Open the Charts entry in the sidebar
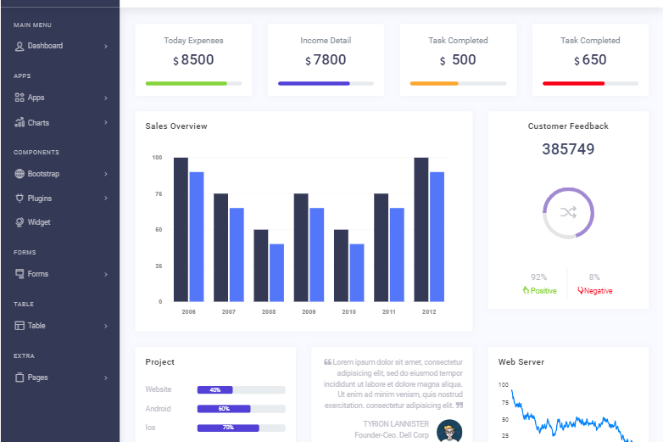38,123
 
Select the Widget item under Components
39,222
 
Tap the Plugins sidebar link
39,199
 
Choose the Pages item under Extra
37,378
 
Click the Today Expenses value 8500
198,60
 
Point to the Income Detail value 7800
330,60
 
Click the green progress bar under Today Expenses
187,83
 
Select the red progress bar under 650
574,83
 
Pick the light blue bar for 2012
437,237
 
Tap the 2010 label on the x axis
348,312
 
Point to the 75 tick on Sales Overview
157,194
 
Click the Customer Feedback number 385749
568,149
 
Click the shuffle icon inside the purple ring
568,212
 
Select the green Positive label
539,291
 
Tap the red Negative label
595,291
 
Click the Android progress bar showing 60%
224,409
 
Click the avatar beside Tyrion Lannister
449,431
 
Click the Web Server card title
521,362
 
